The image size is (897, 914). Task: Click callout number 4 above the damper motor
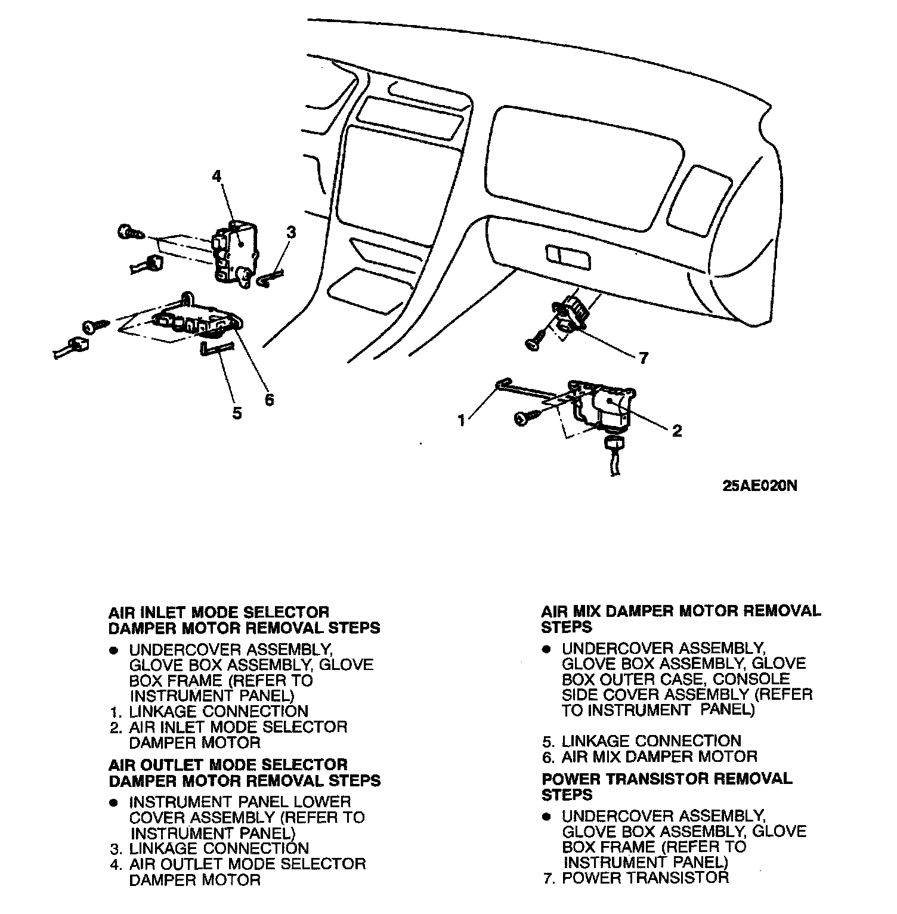point(216,176)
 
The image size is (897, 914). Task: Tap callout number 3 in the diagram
point(291,233)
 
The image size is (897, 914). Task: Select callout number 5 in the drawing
point(237,413)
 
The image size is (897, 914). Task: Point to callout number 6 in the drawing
point(269,400)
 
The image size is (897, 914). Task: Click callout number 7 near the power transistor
point(643,357)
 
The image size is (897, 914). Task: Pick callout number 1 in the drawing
point(461,421)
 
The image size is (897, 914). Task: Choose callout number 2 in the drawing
point(676,430)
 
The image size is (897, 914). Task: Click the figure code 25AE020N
point(759,485)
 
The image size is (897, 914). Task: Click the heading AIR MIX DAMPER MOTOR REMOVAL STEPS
point(681,619)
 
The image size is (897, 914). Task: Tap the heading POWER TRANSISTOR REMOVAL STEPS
point(667,786)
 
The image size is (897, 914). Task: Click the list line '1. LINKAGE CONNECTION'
point(209,711)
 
